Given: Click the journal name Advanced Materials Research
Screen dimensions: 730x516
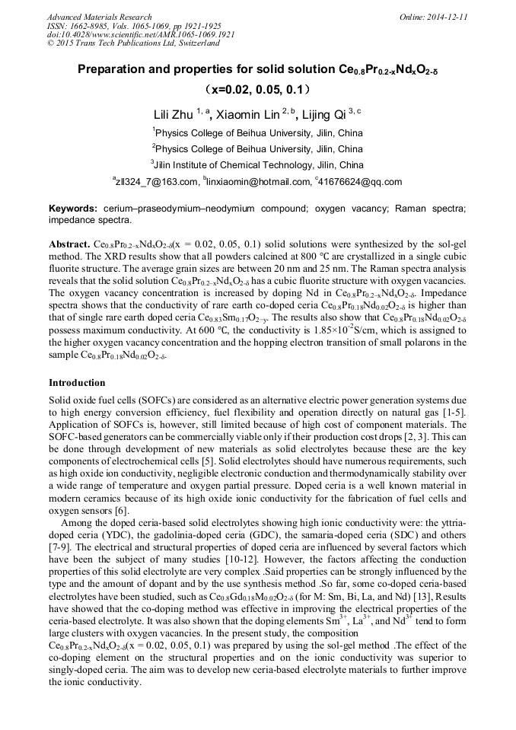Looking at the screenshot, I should (x=99, y=17).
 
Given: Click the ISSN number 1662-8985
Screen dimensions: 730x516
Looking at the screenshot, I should (x=94, y=26).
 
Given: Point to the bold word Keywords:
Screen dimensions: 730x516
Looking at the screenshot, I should (x=73, y=209).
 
